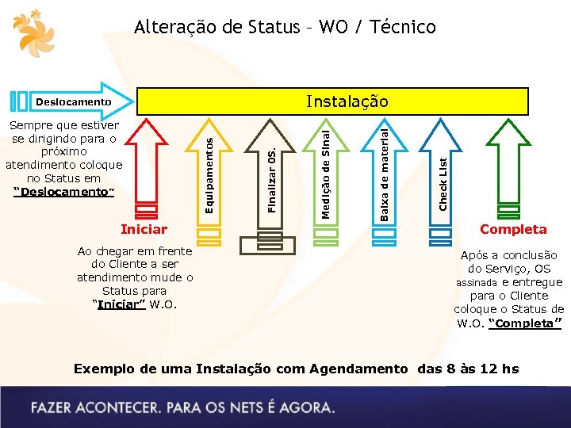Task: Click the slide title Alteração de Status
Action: [x=285, y=27]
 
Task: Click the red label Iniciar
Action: [x=144, y=229]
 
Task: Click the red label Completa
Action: [x=513, y=229]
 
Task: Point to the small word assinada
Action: [x=475, y=283]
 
